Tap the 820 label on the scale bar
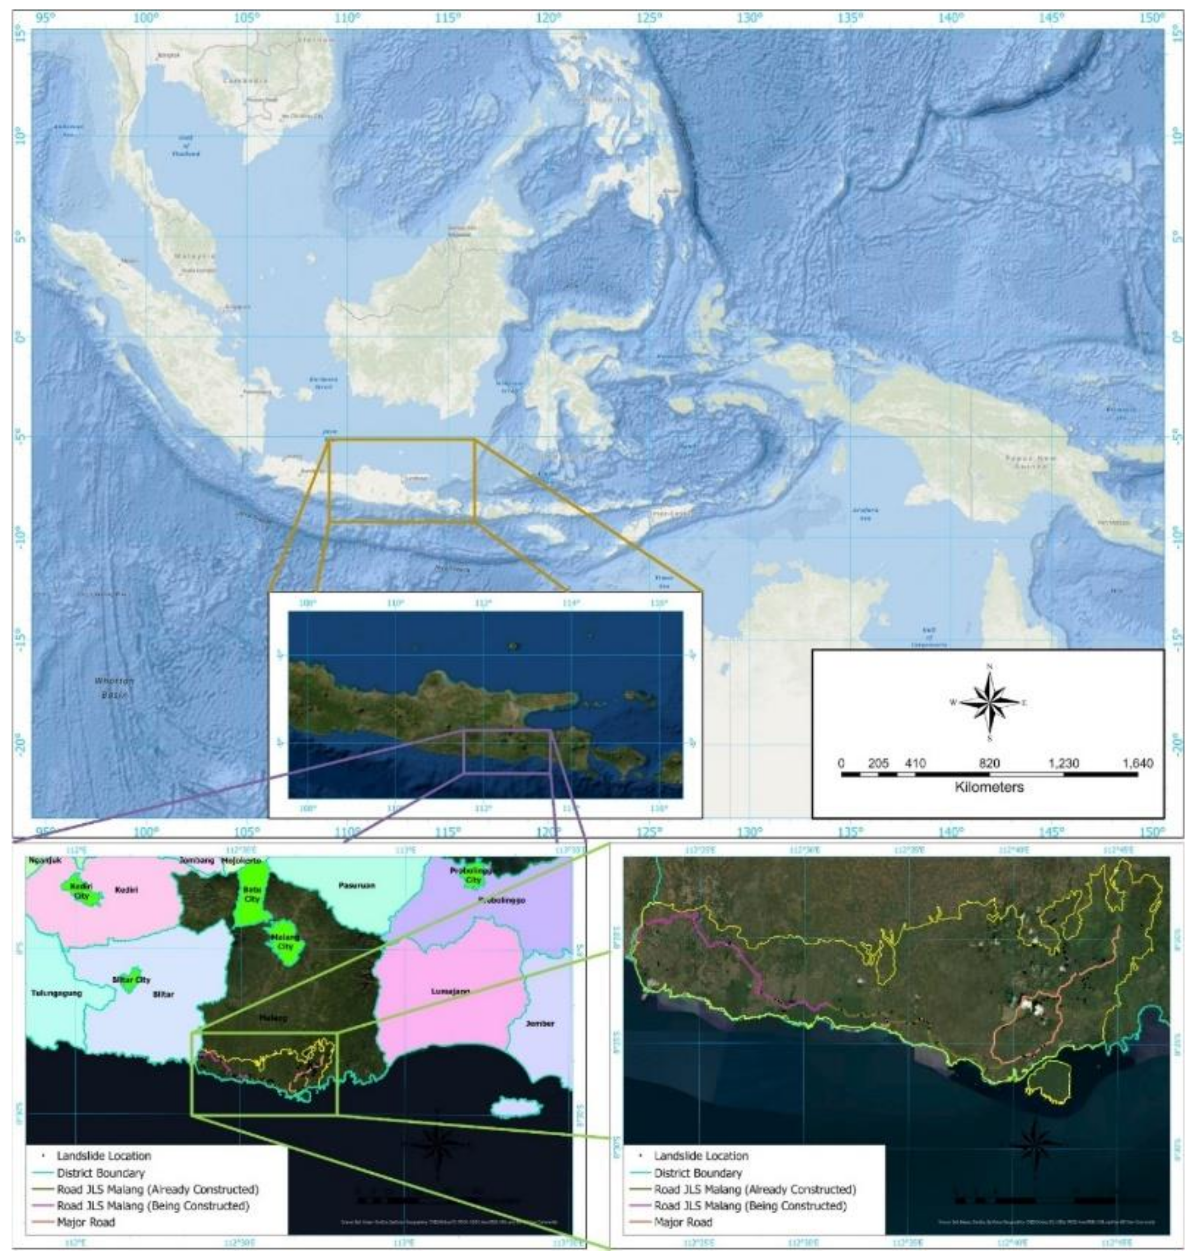[989, 763]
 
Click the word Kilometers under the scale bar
[989, 787]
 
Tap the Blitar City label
[135, 980]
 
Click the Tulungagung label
[57, 993]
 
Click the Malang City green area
[284, 942]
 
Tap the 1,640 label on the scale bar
[1137, 763]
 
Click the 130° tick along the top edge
[750, 18]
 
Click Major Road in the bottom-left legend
[86, 1222]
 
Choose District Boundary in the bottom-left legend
[101, 1172]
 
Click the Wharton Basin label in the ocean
[115, 687]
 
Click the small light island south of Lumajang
[517, 1106]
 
